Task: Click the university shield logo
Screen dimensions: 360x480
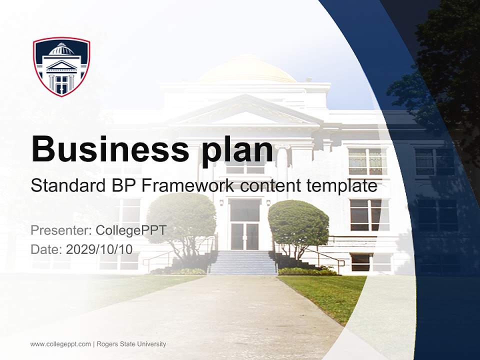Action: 61,66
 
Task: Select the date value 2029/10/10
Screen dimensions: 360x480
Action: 99,249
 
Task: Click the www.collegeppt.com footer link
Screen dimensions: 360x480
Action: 60,344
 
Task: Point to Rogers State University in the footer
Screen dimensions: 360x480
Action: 131,344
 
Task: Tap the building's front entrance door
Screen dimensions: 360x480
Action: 244,230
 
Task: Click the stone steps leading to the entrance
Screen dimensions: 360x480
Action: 243,262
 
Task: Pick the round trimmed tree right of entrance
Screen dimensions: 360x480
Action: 298,222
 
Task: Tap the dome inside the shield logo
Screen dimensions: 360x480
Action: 61,49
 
